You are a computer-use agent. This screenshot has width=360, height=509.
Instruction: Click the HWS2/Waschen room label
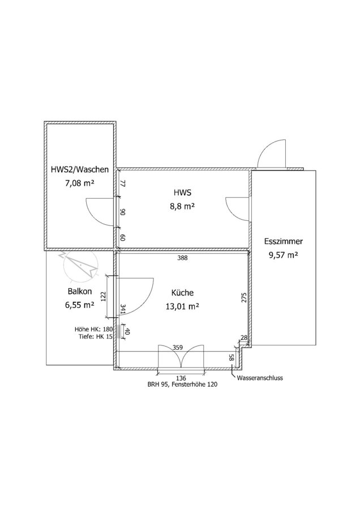[80, 169]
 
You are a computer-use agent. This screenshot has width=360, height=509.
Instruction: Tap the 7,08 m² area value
[80, 183]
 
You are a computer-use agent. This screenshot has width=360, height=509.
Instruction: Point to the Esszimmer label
[284, 241]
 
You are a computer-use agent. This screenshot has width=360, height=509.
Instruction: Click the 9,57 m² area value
[284, 255]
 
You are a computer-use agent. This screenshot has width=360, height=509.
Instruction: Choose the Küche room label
[182, 293]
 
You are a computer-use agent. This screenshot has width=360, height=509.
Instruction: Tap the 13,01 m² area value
[182, 306]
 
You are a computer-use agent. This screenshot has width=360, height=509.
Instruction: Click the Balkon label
[80, 291]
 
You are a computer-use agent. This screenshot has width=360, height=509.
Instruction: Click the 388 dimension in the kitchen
[182, 258]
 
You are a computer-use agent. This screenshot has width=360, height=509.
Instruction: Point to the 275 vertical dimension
[244, 298]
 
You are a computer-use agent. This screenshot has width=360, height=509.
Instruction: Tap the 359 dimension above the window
[178, 347]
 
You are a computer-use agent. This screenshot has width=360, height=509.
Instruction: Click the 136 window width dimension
[181, 378]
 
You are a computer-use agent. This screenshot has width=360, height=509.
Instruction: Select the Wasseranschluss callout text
[260, 378]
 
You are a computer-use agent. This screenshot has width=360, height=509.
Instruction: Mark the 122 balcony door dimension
[104, 296]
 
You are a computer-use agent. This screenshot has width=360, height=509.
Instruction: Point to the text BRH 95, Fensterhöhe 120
[182, 384]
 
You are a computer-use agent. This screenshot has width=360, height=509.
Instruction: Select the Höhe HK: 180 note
[93, 329]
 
